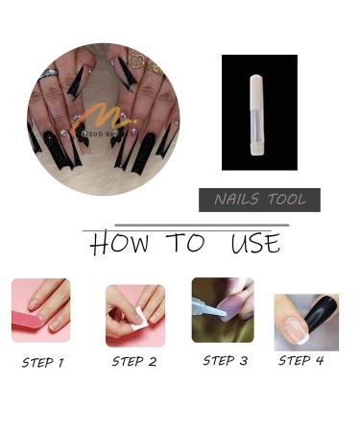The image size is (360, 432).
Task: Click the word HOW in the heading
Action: pyautogui.click(x=120, y=244)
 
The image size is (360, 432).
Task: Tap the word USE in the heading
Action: pyautogui.click(x=254, y=244)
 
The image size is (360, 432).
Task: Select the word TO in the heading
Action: pyautogui.click(x=186, y=244)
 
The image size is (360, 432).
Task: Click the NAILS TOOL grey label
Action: pyautogui.click(x=259, y=200)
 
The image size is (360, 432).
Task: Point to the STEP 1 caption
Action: pyautogui.click(x=42, y=363)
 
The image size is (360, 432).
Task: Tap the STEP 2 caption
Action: pyautogui.click(x=133, y=362)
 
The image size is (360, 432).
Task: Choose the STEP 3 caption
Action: pyautogui.click(x=225, y=361)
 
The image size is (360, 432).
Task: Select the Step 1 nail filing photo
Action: pyautogui.click(x=40, y=311)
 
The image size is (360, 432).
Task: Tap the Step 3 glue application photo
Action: pyautogui.click(x=223, y=309)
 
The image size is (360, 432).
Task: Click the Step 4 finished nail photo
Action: pyautogui.click(x=306, y=322)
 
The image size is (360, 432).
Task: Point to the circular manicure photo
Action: pyautogui.click(x=104, y=118)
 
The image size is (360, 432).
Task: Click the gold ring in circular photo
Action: pyautogui.click(x=135, y=60)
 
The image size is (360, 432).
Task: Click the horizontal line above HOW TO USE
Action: pyautogui.click(x=184, y=227)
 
